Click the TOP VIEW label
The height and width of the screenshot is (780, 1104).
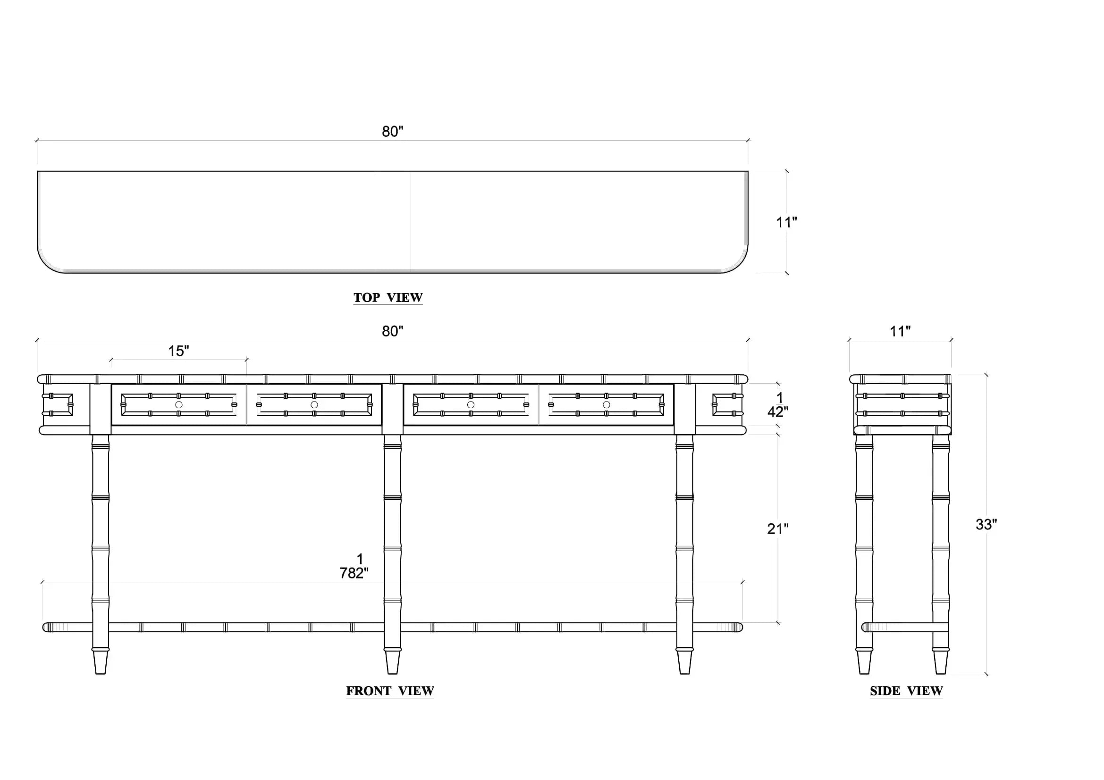[x=388, y=297]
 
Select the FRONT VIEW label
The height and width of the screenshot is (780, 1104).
[x=390, y=691]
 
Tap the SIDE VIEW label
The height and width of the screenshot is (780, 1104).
[x=906, y=691]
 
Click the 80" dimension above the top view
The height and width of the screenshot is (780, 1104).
[x=392, y=131]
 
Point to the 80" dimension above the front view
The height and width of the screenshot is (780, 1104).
[x=392, y=331]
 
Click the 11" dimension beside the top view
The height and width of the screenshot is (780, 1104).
[x=787, y=222]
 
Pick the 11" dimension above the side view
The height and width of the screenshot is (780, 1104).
[x=900, y=331]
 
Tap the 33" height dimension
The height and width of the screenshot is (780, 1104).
[x=986, y=524]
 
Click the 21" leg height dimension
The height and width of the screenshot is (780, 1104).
[x=777, y=528]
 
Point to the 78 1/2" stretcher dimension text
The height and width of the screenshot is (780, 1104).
[x=354, y=566]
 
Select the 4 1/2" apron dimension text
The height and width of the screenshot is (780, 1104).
[x=777, y=405]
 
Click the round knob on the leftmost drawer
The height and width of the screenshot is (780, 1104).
[x=179, y=405]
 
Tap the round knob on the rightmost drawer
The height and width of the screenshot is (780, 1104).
[x=607, y=405]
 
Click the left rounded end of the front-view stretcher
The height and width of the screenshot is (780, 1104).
[x=46, y=627]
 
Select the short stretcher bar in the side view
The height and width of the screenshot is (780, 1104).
[x=905, y=627]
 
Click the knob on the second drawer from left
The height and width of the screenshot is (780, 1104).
[x=314, y=405]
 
